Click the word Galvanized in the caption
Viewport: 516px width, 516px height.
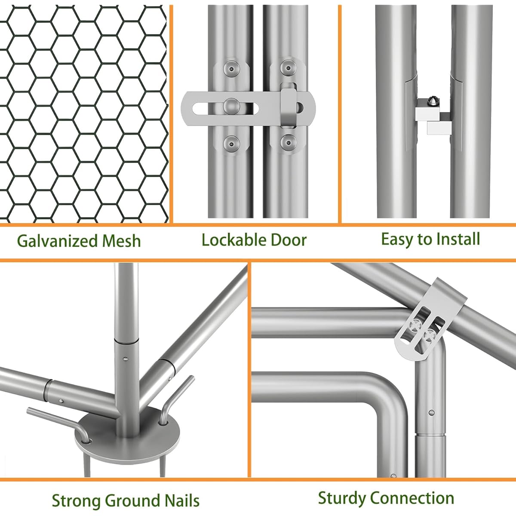click(x=57, y=241)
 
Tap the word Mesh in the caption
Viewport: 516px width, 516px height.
click(x=121, y=241)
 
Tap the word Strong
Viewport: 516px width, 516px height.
click(x=76, y=494)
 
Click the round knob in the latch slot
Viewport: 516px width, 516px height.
click(x=231, y=106)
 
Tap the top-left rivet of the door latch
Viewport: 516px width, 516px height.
click(x=231, y=69)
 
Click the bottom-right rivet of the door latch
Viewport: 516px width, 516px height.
click(x=288, y=142)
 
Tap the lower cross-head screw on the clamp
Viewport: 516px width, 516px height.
click(x=429, y=335)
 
